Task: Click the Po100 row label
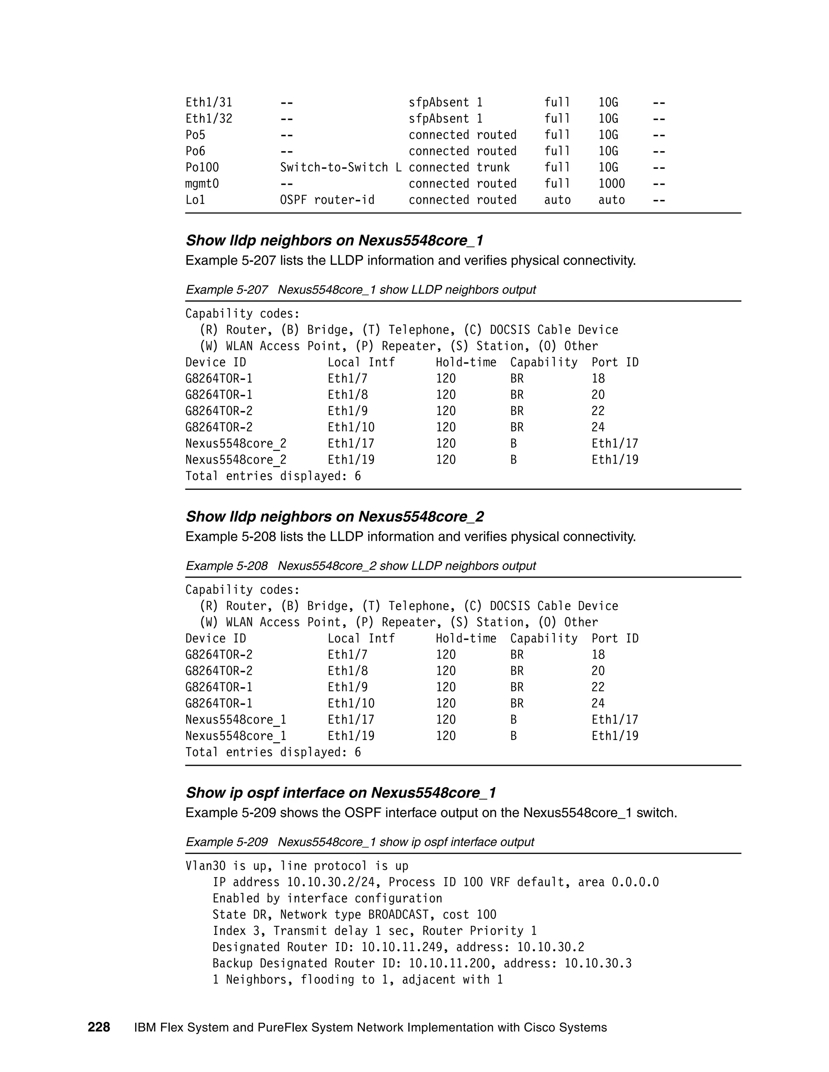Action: (x=202, y=167)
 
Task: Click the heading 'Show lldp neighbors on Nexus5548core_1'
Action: (x=334, y=241)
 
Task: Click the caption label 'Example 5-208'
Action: (x=226, y=566)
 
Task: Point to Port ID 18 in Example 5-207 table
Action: (x=598, y=379)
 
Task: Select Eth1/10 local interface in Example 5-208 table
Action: (x=351, y=703)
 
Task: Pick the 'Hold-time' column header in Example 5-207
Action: (x=466, y=362)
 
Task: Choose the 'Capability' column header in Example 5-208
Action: (x=543, y=639)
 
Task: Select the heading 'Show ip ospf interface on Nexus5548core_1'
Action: (x=341, y=793)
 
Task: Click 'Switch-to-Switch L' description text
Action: (x=340, y=167)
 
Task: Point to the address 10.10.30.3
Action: (x=598, y=963)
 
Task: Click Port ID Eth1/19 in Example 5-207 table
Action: (x=614, y=460)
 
